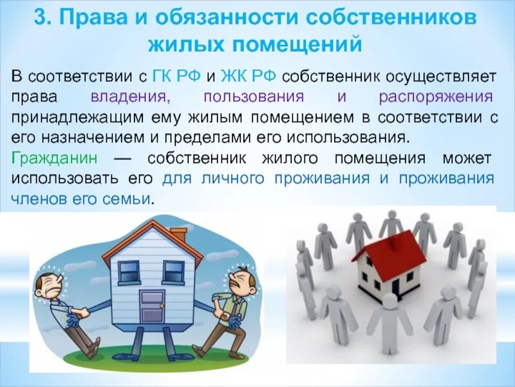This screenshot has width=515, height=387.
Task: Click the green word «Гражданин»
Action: [50, 158]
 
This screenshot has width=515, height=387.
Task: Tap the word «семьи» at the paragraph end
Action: [129, 199]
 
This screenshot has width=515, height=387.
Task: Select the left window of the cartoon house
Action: [129, 271]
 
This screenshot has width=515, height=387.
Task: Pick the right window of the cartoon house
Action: [173, 271]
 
